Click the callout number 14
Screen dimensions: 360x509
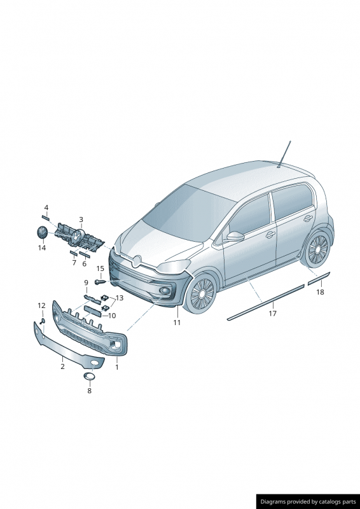[42, 248]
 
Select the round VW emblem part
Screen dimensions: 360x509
[41, 233]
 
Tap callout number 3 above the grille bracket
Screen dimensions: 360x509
[81, 220]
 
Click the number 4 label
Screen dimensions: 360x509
[46, 207]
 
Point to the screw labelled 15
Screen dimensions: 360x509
[100, 282]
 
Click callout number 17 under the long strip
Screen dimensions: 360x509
[273, 313]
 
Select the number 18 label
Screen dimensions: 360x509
[320, 292]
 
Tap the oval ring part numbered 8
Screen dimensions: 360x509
[89, 377]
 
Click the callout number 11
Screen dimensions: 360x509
[177, 323]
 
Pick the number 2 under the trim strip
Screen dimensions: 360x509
[63, 366]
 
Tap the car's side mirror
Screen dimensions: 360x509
[235, 236]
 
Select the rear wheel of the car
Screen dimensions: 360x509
[316, 249]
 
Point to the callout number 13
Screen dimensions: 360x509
[120, 298]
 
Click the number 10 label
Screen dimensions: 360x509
[112, 316]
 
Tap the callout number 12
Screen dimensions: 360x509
[41, 305]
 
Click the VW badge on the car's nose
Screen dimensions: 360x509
[137, 261]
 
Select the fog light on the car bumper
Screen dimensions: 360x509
[165, 291]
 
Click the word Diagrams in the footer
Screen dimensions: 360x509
[273, 501]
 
